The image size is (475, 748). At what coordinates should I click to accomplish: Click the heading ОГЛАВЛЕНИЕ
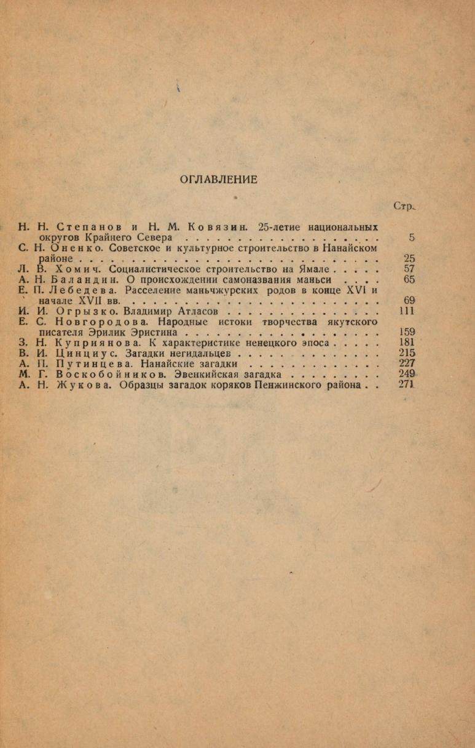click(218, 180)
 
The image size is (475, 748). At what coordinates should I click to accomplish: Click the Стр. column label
click(405, 207)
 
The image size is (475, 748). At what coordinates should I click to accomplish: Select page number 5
click(412, 237)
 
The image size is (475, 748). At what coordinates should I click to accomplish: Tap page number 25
click(409, 258)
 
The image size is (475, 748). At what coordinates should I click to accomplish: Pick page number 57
click(409, 269)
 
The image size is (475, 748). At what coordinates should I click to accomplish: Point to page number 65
click(409, 279)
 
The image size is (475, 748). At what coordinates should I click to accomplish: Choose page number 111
click(407, 311)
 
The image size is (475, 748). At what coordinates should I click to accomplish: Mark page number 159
click(407, 332)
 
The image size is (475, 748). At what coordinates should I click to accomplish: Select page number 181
click(407, 343)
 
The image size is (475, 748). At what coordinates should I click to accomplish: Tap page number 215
click(407, 353)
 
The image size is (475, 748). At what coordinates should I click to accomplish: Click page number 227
click(407, 363)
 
